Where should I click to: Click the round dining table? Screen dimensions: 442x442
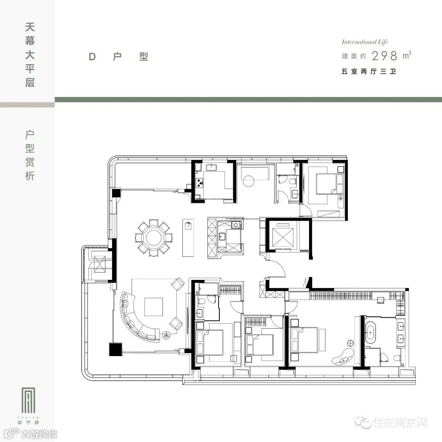[153, 239]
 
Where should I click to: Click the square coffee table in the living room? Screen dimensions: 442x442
[153, 307]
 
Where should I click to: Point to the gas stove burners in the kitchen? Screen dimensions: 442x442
[200, 183]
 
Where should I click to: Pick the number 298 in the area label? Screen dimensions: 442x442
[384, 56]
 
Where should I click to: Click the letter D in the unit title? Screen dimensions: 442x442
[92, 56]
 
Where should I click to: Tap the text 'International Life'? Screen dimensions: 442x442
[365, 42]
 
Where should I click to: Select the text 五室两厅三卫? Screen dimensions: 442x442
[369, 71]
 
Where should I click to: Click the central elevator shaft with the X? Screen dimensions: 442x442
[282, 236]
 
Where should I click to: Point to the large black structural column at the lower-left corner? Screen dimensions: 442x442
[115, 349]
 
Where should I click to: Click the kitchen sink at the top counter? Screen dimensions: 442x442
[212, 168]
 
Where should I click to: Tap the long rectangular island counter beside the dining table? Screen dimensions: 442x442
[188, 238]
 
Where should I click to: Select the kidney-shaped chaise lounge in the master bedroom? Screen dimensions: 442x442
[343, 356]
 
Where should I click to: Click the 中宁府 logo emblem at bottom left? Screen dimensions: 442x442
[28, 400]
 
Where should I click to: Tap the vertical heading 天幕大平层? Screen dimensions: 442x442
[30, 55]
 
